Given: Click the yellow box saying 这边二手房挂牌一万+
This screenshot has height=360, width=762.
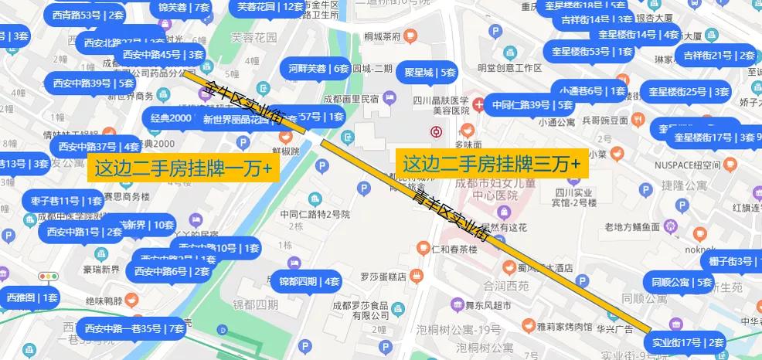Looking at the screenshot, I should tap(182, 167).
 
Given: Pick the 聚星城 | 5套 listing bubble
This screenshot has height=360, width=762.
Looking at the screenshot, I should tap(430, 73).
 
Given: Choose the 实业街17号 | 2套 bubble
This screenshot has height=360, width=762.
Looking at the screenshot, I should tap(687, 342).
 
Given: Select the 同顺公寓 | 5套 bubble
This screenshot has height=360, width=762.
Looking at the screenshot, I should tap(681, 282).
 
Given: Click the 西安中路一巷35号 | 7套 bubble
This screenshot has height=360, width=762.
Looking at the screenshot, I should tap(134, 328).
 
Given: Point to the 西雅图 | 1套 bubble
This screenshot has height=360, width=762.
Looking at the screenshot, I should tap(32, 297).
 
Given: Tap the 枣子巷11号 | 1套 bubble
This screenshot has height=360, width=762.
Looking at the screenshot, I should tap(62, 201).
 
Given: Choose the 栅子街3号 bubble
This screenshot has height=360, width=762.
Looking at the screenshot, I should tap(731, 262).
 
